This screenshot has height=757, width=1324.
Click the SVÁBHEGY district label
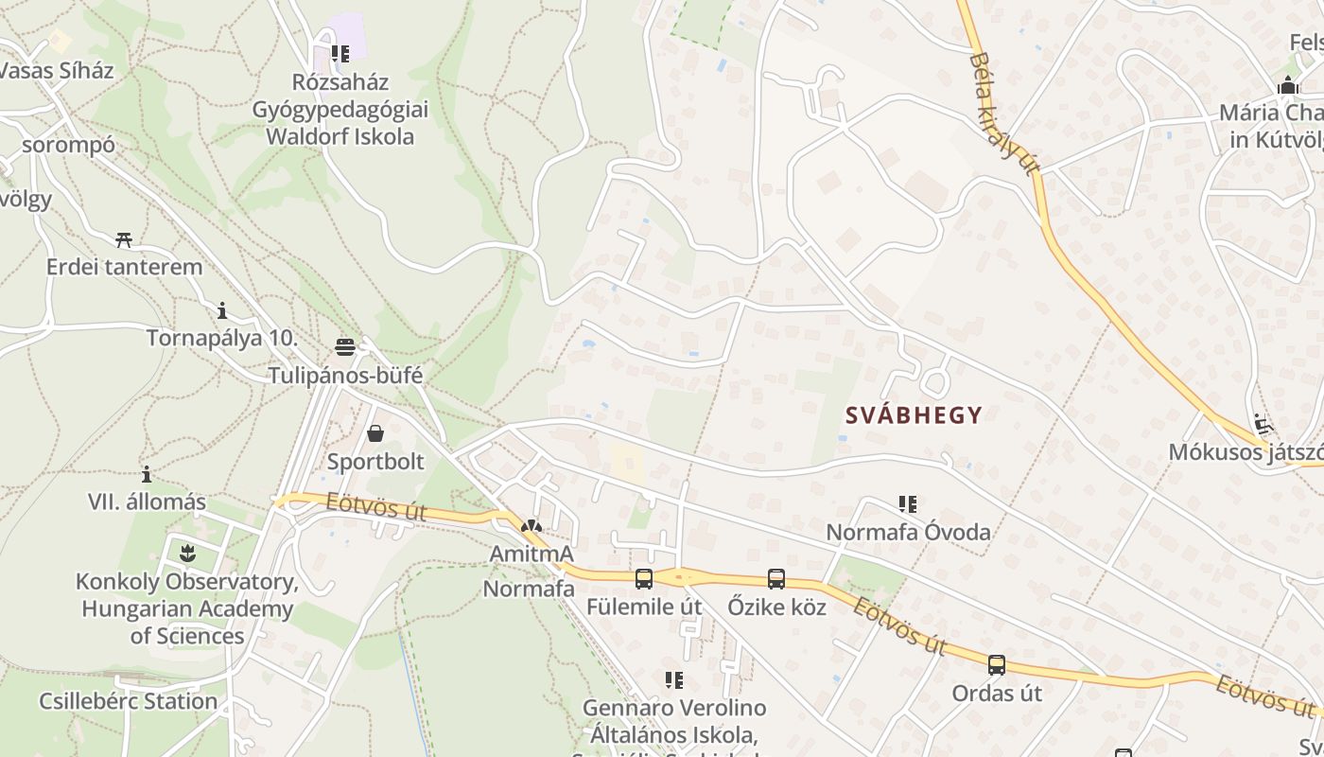point(913,414)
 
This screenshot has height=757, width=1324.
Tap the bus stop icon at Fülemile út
point(644,578)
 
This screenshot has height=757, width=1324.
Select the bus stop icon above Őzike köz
point(775,578)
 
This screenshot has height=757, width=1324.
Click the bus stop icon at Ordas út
point(997,664)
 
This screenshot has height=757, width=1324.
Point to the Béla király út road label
point(1002,114)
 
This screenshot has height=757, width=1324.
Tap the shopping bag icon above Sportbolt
point(375,433)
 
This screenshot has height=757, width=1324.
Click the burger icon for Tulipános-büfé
point(345,346)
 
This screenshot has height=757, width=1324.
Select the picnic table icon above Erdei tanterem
point(124,239)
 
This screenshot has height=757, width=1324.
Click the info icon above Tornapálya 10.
point(221,310)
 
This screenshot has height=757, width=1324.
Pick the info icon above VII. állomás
point(147,474)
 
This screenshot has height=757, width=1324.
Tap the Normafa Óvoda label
point(908,532)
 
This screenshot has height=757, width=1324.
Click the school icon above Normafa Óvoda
point(908,504)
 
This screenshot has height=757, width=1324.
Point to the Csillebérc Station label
point(128,701)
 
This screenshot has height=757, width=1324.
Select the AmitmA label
point(531,553)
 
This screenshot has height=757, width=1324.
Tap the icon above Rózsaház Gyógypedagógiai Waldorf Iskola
point(340,54)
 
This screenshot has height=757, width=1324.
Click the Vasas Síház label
point(57,71)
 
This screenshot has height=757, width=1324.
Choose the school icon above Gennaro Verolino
point(673,679)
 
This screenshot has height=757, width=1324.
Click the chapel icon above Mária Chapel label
point(1287,86)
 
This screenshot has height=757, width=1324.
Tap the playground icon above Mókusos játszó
point(1262,423)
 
